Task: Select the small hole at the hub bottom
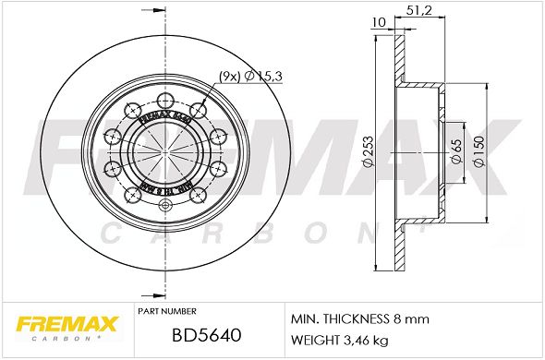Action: click(164, 205)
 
